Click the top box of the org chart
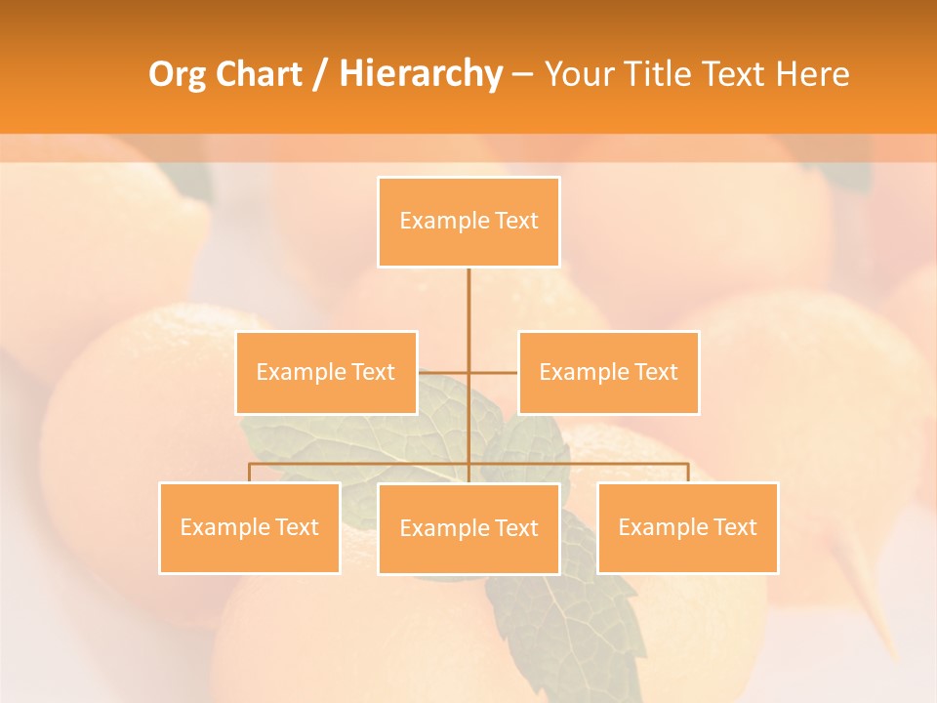[468, 222]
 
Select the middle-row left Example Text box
[326, 372]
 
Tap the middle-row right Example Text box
[608, 372]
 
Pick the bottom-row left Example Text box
[250, 527]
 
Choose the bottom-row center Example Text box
[468, 528]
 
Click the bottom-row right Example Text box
[687, 527]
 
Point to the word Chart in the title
[259, 74]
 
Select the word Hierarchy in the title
[421, 74]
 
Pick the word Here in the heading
[813, 74]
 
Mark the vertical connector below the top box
[468, 303]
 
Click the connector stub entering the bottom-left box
[250, 473]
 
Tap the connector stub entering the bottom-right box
[688, 473]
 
